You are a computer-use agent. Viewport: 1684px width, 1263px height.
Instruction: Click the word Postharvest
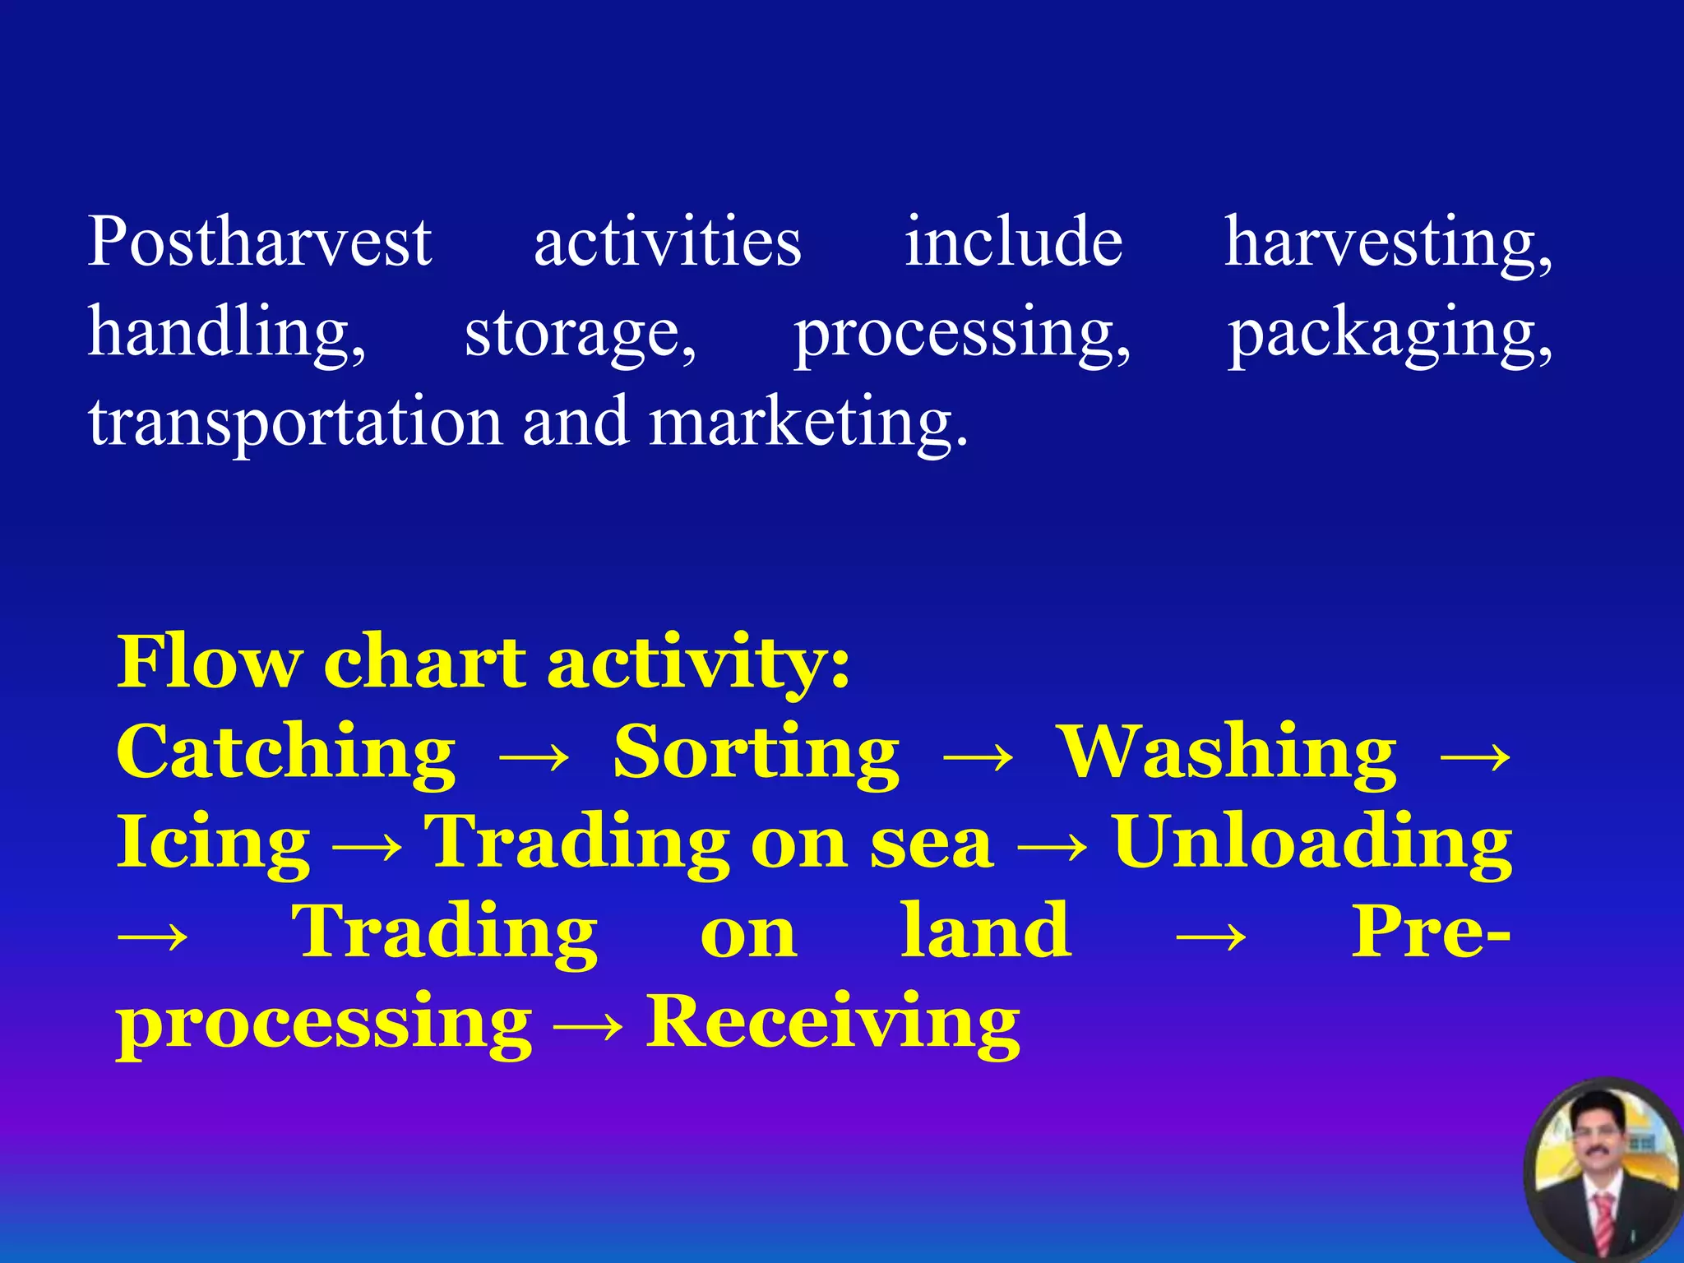tap(259, 242)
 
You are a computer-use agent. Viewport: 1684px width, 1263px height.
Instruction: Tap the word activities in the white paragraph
tap(667, 242)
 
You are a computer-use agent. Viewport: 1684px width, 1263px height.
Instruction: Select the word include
tap(1013, 242)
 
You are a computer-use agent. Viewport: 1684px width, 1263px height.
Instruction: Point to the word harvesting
tap(1388, 243)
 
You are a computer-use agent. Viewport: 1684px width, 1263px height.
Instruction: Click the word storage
tap(580, 333)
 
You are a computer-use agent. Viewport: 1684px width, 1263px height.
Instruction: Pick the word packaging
tap(1390, 333)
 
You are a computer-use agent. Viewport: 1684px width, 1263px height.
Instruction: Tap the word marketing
tap(807, 422)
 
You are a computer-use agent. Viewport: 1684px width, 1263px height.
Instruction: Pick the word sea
tap(931, 844)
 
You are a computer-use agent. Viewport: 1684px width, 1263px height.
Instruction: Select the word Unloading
tap(1312, 843)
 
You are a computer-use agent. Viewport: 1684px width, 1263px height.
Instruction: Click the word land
tap(986, 932)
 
